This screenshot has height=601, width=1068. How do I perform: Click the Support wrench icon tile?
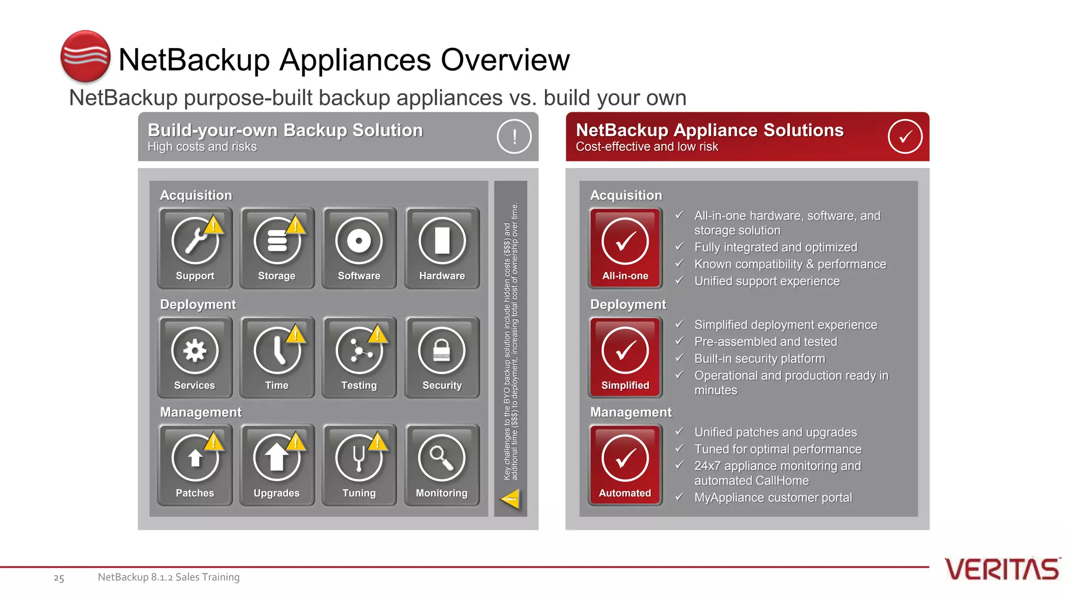pos(195,247)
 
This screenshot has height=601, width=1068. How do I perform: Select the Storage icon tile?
pos(277,247)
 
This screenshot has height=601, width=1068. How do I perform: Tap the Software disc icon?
pos(359,242)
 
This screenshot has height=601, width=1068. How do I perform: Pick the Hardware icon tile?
pos(442,247)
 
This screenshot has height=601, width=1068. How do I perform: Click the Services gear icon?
pos(195,351)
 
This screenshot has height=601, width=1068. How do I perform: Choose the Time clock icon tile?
pos(277,357)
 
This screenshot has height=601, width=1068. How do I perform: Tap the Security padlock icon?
pos(442,351)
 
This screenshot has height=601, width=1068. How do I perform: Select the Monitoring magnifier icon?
pos(442,458)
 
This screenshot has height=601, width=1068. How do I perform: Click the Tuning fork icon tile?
pos(359,464)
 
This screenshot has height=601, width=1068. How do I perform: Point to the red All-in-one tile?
pos(625,247)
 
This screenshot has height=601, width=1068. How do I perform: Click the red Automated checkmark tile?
pos(625,464)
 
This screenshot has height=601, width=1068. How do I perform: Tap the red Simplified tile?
pos(625,357)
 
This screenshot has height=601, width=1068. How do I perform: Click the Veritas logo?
pos(1002,569)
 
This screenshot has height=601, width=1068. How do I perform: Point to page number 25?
pos(59,578)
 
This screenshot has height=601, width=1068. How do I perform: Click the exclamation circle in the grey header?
pos(514,137)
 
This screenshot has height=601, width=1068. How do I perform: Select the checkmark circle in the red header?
pos(905,137)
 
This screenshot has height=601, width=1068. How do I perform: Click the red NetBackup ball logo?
pos(86,56)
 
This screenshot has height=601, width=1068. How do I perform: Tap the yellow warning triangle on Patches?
pos(214,442)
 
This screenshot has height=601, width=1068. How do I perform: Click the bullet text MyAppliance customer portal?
pos(773,498)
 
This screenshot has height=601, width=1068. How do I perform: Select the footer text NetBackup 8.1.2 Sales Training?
pos(168,577)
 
